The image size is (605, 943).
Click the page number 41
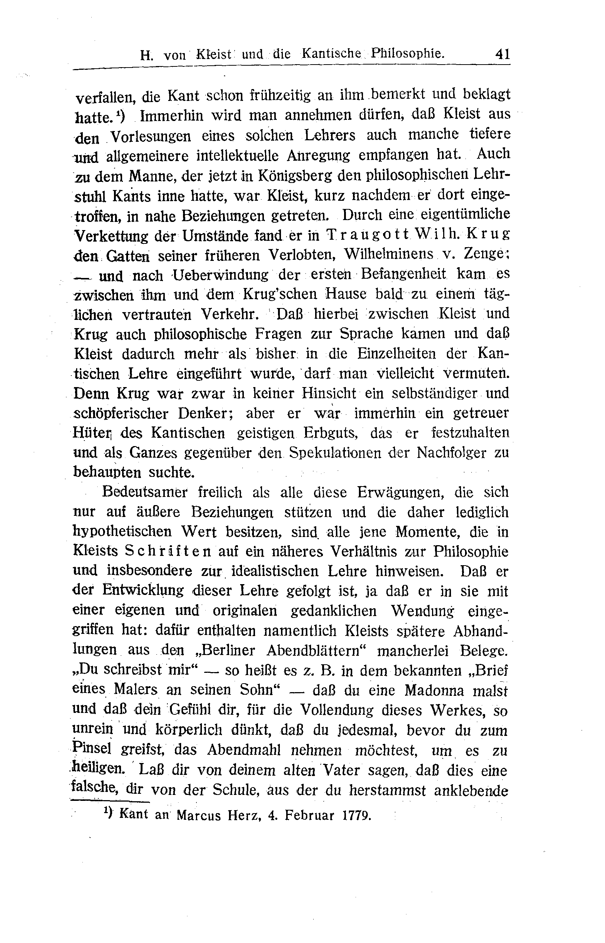503,53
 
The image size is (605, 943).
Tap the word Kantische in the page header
331,54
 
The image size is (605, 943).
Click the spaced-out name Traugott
366,235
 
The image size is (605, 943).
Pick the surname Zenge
486,255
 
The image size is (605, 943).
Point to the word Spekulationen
335,453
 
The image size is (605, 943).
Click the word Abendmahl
243,750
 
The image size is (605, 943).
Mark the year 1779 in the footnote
357,816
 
